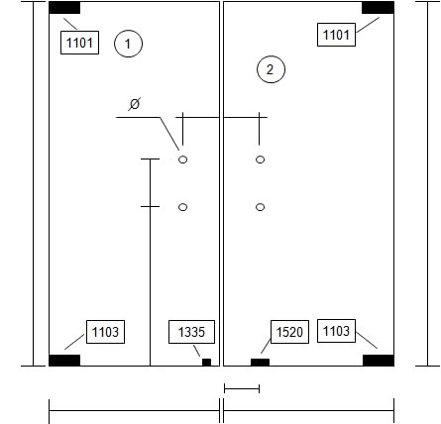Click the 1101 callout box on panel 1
(x=79, y=43)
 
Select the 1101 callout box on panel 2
(x=336, y=35)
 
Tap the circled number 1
(x=128, y=44)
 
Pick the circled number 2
(x=271, y=69)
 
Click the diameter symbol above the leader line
(x=135, y=104)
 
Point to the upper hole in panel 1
(x=182, y=159)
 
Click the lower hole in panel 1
(x=182, y=207)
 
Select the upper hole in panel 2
(x=260, y=159)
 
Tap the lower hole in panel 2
(x=260, y=207)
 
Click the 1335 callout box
(x=191, y=332)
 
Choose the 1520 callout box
(x=289, y=332)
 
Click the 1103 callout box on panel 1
(x=105, y=332)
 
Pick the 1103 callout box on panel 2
(x=336, y=331)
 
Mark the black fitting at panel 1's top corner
(x=64, y=8)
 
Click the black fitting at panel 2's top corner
(x=378, y=8)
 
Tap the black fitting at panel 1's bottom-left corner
(x=64, y=361)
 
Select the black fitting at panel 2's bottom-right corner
(x=379, y=361)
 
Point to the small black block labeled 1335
(x=206, y=363)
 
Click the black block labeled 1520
(x=260, y=363)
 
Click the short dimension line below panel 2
(x=242, y=388)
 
